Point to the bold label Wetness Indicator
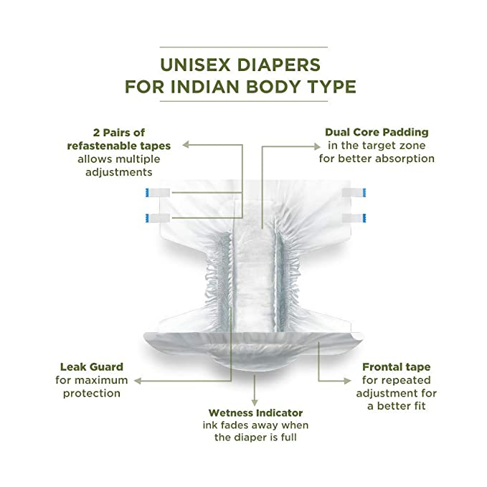point(255,413)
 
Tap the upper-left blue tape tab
point(148,192)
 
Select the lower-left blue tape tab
point(148,216)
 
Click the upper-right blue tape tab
point(364,192)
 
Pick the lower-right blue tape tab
point(364,217)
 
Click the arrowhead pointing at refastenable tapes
point(185,145)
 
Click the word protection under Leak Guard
point(90,393)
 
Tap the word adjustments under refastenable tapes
point(118,172)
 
